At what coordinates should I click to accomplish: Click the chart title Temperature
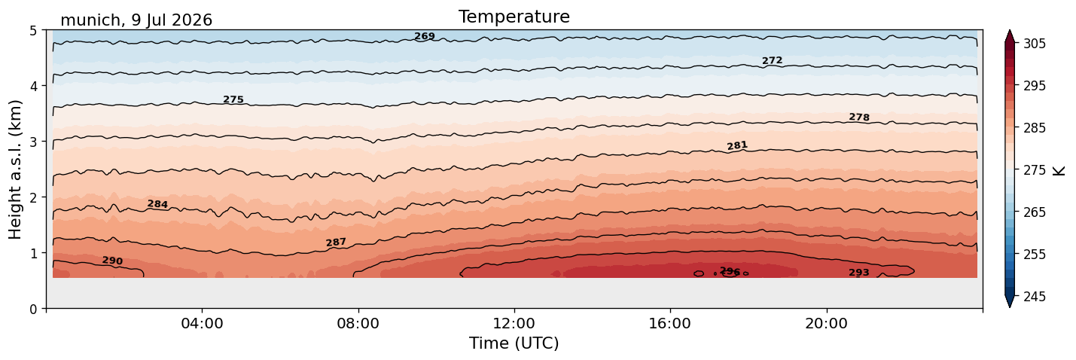tap(514, 17)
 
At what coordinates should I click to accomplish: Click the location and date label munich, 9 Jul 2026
tap(136, 20)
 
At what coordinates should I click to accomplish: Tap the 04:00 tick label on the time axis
tap(202, 323)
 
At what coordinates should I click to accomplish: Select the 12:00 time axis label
tap(514, 323)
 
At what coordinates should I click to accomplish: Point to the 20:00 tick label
tap(826, 323)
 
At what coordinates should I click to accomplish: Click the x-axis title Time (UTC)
tap(514, 343)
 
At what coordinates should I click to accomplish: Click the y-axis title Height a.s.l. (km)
tap(15, 169)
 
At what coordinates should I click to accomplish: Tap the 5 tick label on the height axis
tap(33, 31)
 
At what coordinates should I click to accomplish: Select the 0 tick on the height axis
tap(33, 309)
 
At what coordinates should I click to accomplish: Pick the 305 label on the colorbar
tap(1035, 44)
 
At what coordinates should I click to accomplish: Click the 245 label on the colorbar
tap(1035, 297)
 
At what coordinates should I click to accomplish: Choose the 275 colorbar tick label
tap(1035, 170)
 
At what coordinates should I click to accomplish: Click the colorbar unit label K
tap(1059, 170)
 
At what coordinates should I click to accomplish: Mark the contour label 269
tap(425, 36)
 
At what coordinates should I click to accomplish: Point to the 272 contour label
tap(773, 60)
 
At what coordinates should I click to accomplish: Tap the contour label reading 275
tap(233, 99)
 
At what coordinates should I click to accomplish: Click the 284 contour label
tap(157, 204)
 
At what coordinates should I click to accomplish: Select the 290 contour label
tap(112, 261)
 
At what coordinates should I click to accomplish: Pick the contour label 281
tap(737, 145)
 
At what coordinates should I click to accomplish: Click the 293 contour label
tap(859, 273)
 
